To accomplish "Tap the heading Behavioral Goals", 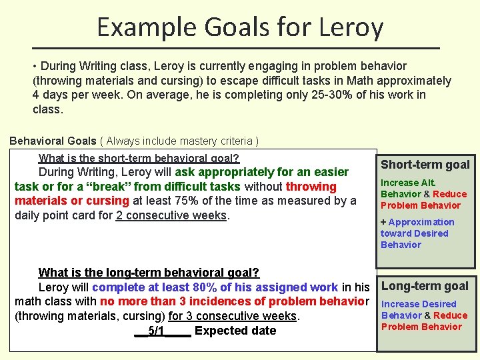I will click(53, 141).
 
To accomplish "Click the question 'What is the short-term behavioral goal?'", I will click(139, 158).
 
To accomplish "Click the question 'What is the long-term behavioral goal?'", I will click(149, 272).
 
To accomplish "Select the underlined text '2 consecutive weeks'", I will click(171, 215).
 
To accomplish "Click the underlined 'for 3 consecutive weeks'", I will click(233, 316).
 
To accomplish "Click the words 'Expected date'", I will click(235, 331).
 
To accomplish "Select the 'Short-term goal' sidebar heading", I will click(425, 165).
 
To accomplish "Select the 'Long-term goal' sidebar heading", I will click(425, 286).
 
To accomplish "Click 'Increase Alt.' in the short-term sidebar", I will click(408, 183).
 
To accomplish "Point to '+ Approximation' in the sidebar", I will click(417, 222).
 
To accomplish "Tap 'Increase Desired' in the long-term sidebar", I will click(419, 304).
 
